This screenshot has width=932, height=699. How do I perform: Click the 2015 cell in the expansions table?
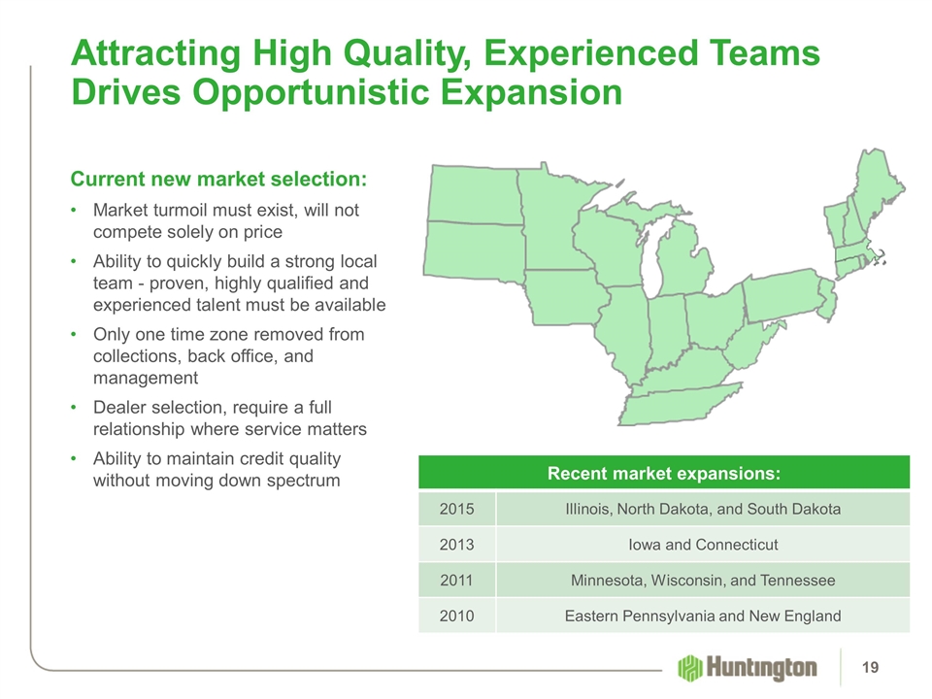pos(456,509)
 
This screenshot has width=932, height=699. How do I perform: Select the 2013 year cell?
pos(456,545)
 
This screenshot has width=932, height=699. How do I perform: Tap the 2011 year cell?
pos(456,581)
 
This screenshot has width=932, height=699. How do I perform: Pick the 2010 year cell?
pos(456,616)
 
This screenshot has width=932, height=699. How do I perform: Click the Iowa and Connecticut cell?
pos(703,545)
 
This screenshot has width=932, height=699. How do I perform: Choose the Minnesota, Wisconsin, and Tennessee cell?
pos(703,581)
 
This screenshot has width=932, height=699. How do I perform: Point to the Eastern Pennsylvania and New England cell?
pos(703,616)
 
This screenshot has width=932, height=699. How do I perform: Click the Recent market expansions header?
pos(664,473)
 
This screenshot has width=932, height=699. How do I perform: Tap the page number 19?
pos(870,668)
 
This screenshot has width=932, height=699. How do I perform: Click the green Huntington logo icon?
pos(689,668)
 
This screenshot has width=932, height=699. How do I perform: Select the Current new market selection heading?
pos(218,179)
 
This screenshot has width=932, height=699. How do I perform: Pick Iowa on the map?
pos(566,297)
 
